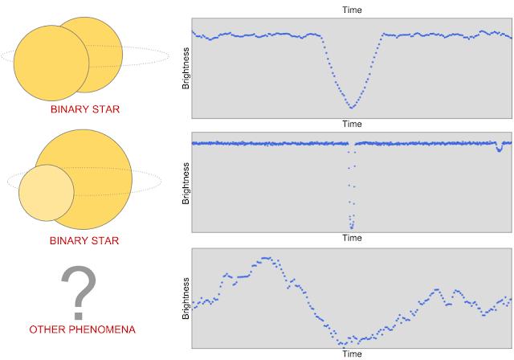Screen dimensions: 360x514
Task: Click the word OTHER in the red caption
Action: pos(48,330)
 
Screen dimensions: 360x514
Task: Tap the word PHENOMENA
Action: pos(101,330)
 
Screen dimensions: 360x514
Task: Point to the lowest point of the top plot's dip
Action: pos(351,107)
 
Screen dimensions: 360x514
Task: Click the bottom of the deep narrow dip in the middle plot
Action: pos(351,227)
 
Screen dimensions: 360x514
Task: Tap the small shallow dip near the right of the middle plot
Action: pos(500,149)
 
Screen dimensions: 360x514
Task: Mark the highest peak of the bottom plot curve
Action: pos(265,259)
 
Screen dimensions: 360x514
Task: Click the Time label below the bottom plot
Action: pos(352,354)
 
